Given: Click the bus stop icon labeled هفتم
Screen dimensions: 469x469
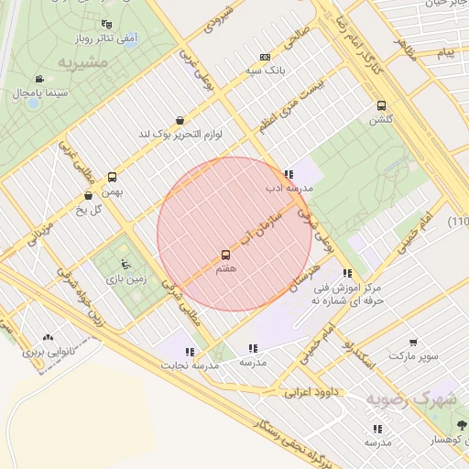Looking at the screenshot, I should (225, 255).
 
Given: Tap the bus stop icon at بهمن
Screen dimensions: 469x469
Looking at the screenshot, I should (113, 177).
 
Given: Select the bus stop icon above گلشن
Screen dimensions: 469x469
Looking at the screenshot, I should (381, 104).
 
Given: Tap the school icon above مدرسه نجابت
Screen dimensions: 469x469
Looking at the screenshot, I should (190, 351).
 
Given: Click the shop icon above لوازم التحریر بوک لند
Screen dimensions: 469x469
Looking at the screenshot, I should (180, 119).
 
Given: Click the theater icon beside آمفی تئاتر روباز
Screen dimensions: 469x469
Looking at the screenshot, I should (106, 25).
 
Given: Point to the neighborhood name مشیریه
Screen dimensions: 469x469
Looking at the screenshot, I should (82, 62).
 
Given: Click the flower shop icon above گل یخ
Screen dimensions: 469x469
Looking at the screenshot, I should (88, 195).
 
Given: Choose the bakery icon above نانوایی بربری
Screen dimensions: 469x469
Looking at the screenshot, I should (48, 337).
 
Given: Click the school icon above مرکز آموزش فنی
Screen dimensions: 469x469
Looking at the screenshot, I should (346, 273).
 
